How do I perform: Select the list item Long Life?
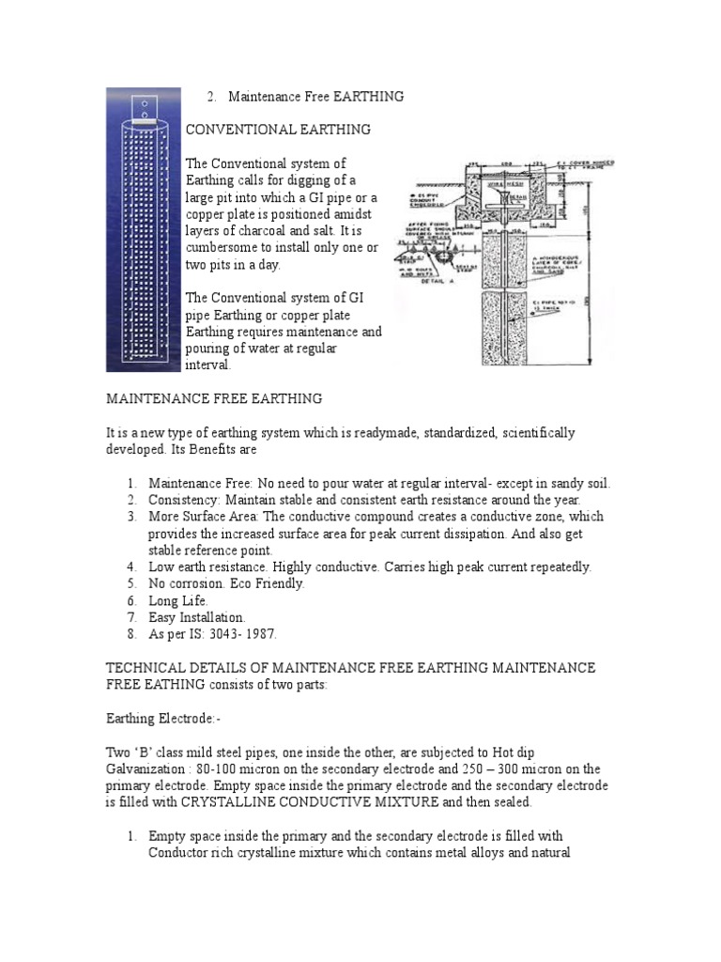point(178,600)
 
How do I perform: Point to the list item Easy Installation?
point(197,617)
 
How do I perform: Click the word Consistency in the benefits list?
point(182,499)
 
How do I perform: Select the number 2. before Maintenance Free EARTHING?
point(211,96)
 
